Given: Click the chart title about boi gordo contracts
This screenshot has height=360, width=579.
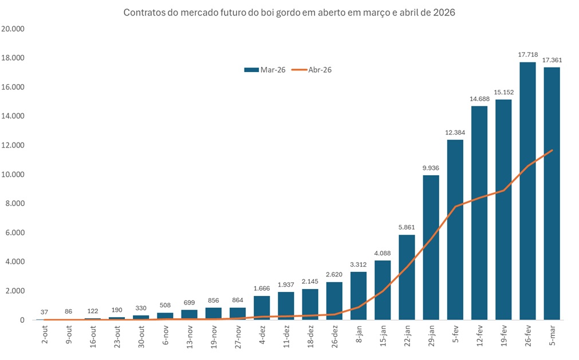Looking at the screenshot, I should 289,13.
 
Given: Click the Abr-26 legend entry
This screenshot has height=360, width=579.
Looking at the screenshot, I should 312,70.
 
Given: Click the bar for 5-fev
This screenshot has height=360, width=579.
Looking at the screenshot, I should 455,230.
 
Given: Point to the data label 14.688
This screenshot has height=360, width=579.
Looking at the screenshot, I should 479,98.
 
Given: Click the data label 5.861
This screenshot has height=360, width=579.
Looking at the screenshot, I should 407,227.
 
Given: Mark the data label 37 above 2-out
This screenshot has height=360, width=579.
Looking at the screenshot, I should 45,312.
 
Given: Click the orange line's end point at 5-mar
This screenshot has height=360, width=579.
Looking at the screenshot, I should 552,150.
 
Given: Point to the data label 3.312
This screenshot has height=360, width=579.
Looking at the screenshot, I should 359,264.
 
